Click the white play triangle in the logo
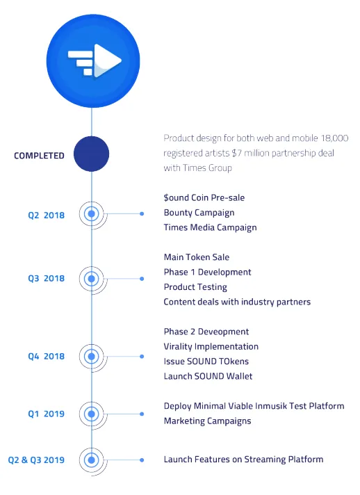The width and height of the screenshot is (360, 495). [x=106, y=60]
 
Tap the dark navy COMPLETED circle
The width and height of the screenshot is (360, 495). [x=92, y=154]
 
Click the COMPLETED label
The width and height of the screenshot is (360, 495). [x=39, y=156]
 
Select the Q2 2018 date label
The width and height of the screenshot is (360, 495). [x=46, y=216]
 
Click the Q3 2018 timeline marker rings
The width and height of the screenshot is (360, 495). [x=92, y=279]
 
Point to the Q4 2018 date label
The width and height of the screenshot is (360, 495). [x=46, y=357]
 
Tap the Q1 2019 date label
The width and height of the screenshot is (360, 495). [x=46, y=414]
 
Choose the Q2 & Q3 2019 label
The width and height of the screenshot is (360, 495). [x=36, y=460]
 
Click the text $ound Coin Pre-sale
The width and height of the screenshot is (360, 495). [x=204, y=197]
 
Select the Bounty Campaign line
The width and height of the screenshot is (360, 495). [x=199, y=213]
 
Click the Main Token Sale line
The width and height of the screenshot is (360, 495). [x=197, y=257]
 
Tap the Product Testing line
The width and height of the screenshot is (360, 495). [x=195, y=287]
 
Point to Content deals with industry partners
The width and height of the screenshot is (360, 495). [x=237, y=302]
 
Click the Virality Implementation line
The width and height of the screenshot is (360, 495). [x=211, y=347]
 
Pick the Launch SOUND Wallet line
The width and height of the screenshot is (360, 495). [x=208, y=376]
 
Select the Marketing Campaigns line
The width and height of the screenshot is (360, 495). [x=208, y=421]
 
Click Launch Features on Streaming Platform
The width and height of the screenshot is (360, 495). [x=243, y=460]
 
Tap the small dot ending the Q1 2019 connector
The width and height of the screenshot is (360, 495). [x=142, y=414]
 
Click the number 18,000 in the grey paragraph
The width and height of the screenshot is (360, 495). [x=335, y=138]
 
